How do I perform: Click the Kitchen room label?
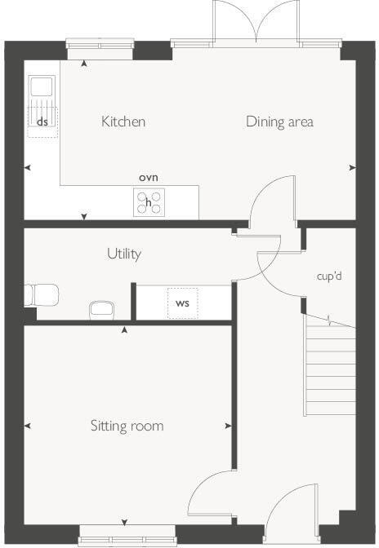pos(123,122)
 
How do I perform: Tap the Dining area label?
pos(280,122)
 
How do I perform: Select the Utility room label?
pos(124,254)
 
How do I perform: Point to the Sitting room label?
pos(127,426)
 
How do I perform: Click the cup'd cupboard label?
pos(329,276)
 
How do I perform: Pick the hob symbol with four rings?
pos(149,202)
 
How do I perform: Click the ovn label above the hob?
pos(148,177)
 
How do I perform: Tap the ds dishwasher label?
pos(42,122)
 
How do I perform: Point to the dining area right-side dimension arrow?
pos(352,168)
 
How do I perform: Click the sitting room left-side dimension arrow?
pos(28,426)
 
